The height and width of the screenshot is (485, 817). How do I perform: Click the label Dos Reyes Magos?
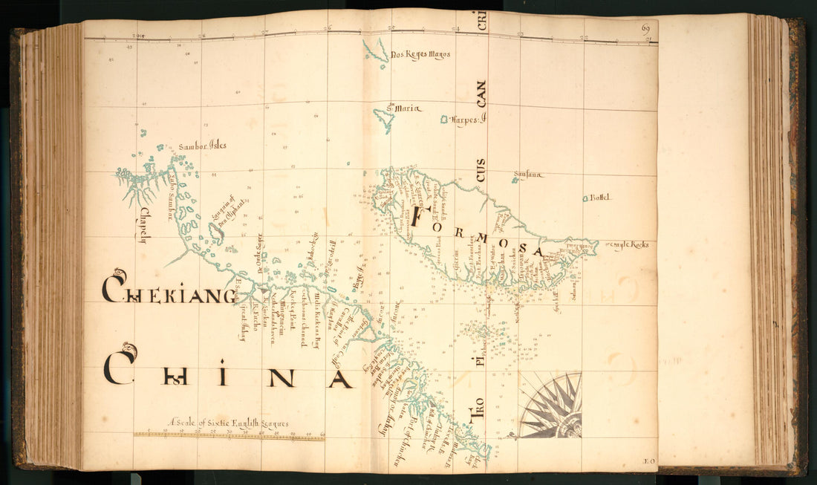click(420, 55)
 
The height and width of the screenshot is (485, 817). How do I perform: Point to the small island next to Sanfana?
click(515, 180)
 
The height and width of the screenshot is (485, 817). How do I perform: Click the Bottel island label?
click(600, 198)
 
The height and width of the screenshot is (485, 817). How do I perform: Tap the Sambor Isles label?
click(202, 146)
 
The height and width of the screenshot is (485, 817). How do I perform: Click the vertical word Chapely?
click(139, 223)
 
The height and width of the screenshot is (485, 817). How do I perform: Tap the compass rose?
click(554, 406)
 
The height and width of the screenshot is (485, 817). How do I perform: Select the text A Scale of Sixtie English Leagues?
click(228, 423)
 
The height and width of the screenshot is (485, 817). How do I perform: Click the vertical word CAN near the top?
click(481, 94)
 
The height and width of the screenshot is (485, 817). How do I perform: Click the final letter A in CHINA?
click(339, 379)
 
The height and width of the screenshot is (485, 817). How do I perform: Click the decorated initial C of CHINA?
click(119, 367)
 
